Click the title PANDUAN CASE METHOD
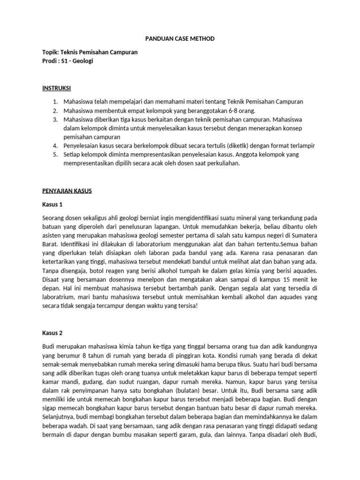pyautogui.click(x=180, y=39)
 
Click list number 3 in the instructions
pyautogui.click(x=54, y=120)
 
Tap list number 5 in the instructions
pyautogui.click(x=54, y=155)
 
